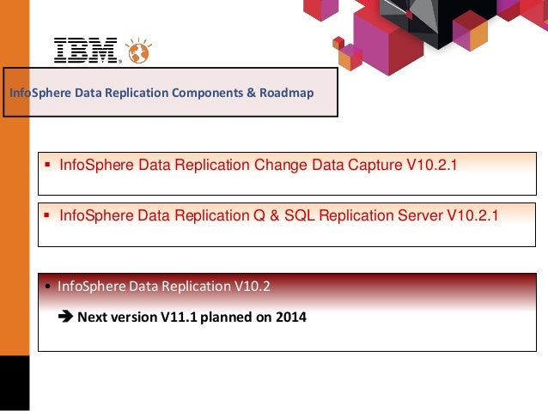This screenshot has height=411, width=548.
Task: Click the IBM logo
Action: (x=85, y=51)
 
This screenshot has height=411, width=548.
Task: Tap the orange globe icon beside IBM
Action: (x=137, y=51)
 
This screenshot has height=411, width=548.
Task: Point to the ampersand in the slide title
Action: (x=252, y=93)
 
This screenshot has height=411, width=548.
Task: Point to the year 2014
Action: (x=289, y=317)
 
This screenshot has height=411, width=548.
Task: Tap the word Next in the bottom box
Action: (x=92, y=317)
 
